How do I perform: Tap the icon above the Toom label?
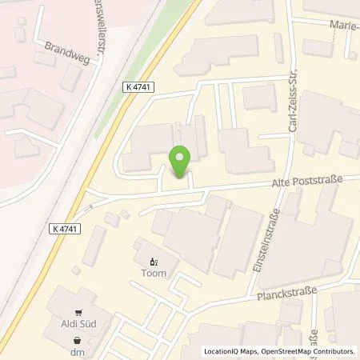pyautogui.click(x=154, y=260)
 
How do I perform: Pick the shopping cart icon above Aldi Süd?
pyautogui.click(x=78, y=313)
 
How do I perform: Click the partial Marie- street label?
pyautogui.click(x=345, y=25)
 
